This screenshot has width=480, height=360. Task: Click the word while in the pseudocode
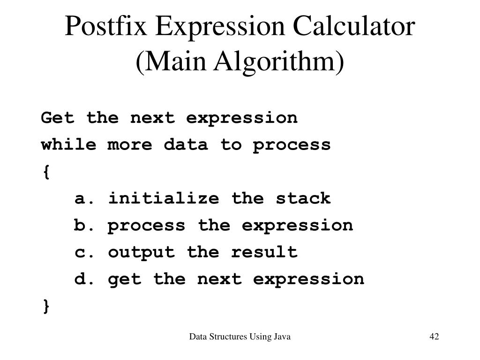click(x=68, y=144)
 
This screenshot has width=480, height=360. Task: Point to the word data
click(x=186, y=144)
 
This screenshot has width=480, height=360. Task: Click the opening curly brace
click(x=45, y=172)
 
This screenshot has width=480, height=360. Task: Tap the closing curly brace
click(x=45, y=307)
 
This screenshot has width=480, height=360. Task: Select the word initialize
click(x=164, y=198)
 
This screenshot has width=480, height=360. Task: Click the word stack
click(x=303, y=198)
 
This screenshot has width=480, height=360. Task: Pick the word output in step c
click(x=141, y=252)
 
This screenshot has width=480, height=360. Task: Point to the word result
click(x=264, y=252)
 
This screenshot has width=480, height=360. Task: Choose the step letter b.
click(x=80, y=225)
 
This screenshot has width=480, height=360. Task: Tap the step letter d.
click(x=80, y=279)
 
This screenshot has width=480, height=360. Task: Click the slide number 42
click(x=434, y=337)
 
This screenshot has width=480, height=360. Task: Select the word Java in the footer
click(x=282, y=337)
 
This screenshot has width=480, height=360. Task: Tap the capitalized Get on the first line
click(x=58, y=118)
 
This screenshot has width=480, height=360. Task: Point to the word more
click(x=130, y=144)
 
